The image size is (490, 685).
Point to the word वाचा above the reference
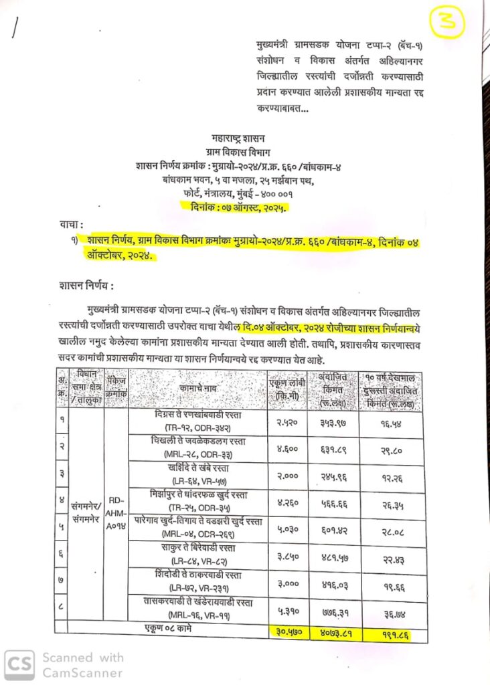point(73,226)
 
